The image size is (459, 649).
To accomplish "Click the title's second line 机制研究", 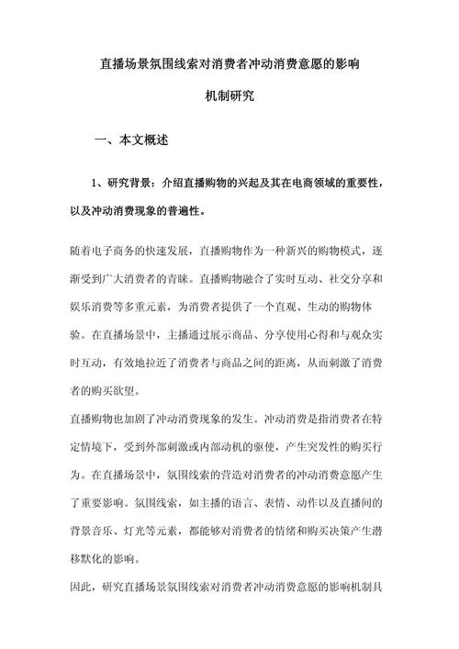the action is (229, 95).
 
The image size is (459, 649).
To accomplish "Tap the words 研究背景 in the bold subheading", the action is (129, 184).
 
